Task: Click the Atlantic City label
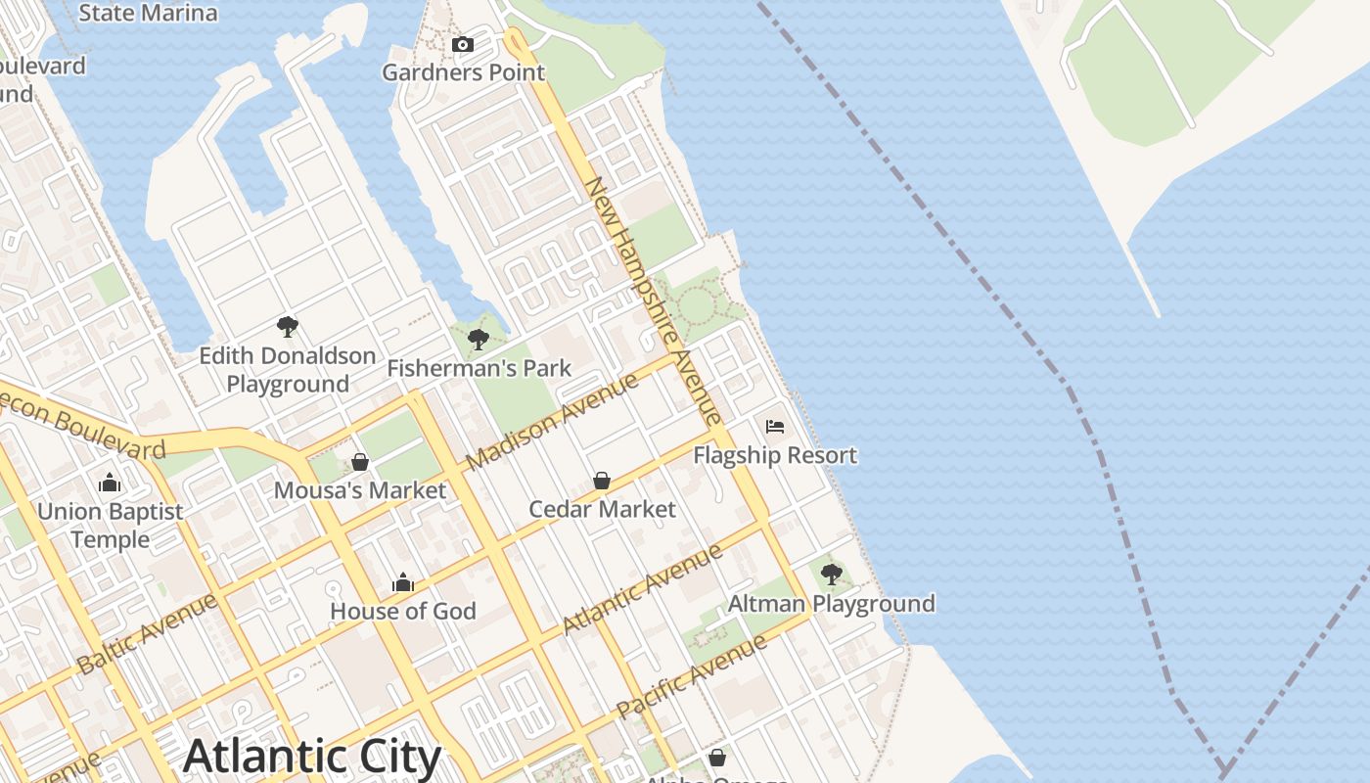tap(312, 757)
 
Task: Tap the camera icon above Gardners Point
tap(463, 44)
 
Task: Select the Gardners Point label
tap(463, 72)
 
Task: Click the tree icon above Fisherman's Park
tap(479, 340)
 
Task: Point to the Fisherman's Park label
tap(479, 369)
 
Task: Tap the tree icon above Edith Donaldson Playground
tap(288, 327)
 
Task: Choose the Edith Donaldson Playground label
tap(288, 370)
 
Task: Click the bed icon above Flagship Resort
tap(775, 427)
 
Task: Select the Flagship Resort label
tap(775, 455)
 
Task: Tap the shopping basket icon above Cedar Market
tap(602, 481)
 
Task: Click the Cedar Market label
tap(602, 509)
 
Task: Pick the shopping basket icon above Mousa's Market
tap(360, 462)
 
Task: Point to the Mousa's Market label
tap(360, 490)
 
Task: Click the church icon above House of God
tap(403, 583)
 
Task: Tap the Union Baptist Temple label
tap(110, 526)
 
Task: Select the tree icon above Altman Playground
tap(832, 575)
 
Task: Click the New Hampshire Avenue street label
tap(654, 301)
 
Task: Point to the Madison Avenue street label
tap(553, 421)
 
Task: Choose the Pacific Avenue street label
tap(692, 677)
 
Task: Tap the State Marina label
tap(147, 13)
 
